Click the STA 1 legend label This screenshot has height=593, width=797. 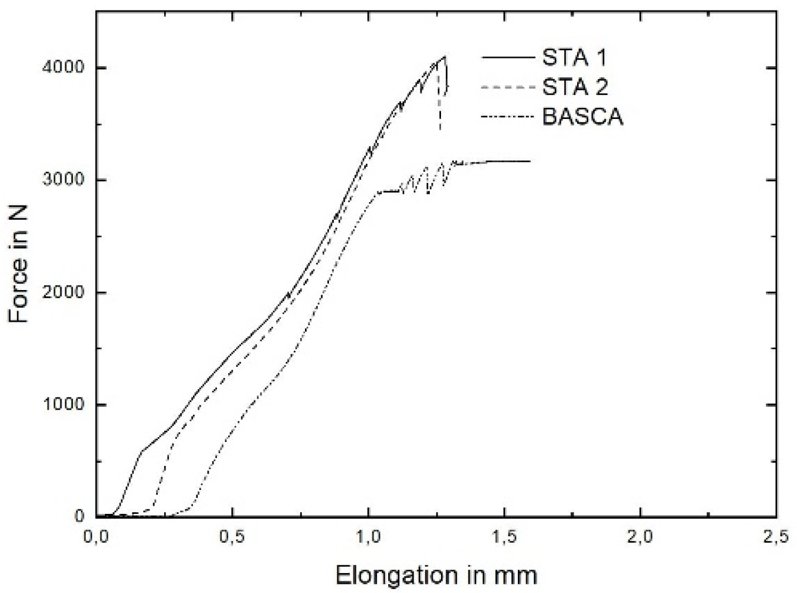pos(574,57)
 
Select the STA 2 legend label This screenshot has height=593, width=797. pos(575,87)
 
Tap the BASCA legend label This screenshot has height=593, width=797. pos(582,117)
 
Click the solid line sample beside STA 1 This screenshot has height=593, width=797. pos(508,57)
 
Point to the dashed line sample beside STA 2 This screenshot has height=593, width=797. pos(508,87)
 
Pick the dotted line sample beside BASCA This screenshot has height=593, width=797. pos(508,117)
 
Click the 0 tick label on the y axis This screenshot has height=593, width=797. pos(79,516)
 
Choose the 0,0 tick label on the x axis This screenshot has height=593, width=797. pos(96,538)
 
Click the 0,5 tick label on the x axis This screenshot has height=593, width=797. pos(232,538)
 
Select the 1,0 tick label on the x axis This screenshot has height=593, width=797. pos(368,538)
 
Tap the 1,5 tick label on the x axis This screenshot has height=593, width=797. pos(504,538)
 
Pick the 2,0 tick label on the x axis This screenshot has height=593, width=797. pos(640,538)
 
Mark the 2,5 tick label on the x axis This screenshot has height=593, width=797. pos(776,538)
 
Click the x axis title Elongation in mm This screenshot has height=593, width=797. pos(436,575)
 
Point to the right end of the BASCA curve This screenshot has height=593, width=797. pos(530,161)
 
